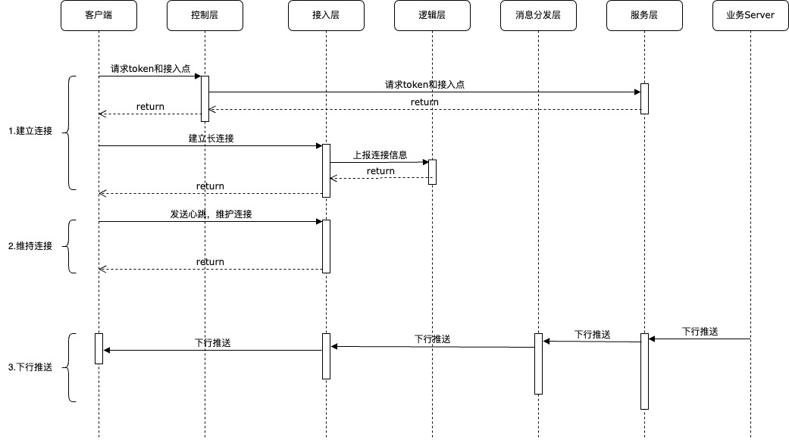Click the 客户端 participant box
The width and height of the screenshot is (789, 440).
point(99,15)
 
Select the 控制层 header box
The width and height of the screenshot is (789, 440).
point(205,15)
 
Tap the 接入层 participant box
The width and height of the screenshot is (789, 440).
point(326,15)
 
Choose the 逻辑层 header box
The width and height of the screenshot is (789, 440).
point(432,15)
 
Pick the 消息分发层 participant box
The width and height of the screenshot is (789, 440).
point(538,15)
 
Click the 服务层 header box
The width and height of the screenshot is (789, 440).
point(644,15)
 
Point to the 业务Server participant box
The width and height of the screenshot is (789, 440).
point(750,15)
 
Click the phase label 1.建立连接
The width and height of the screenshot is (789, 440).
point(30,131)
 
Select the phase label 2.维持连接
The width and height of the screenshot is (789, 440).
point(30,246)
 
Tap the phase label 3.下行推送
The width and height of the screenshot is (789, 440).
point(30,367)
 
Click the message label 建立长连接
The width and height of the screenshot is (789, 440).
point(211,139)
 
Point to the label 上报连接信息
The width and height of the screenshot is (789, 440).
point(380,154)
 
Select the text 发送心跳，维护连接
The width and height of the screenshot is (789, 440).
point(211,214)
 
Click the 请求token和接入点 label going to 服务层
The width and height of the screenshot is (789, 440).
point(424,85)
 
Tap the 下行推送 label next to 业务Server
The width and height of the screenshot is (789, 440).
point(700,332)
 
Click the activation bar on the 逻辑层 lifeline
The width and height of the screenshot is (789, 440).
point(432,172)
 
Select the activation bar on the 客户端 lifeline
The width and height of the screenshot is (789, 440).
point(99,348)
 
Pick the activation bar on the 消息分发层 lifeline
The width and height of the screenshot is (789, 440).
point(538,364)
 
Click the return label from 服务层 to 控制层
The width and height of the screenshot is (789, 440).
point(424,101)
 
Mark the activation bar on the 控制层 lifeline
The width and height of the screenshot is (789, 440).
point(205,98)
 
